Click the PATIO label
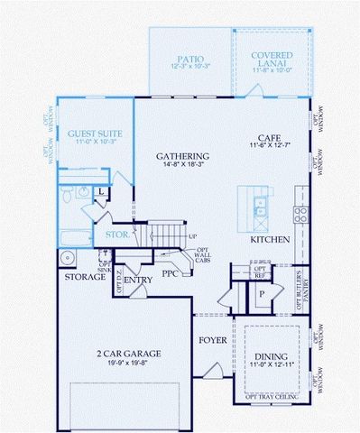click(x=189, y=57)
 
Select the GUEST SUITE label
click(x=96, y=134)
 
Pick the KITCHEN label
click(x=270, y=240)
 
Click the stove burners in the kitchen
click(x=302, y=214)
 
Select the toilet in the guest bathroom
click(x=67, y=198)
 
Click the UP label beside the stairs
click(x=192, y=236)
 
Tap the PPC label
click(x=171, y=272)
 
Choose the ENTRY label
click(x=138, y=280)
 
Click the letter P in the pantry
click(x=262, y=294)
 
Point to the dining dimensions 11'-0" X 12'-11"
click(x=272, y=366)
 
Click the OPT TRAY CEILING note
click(x=274, y=396)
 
